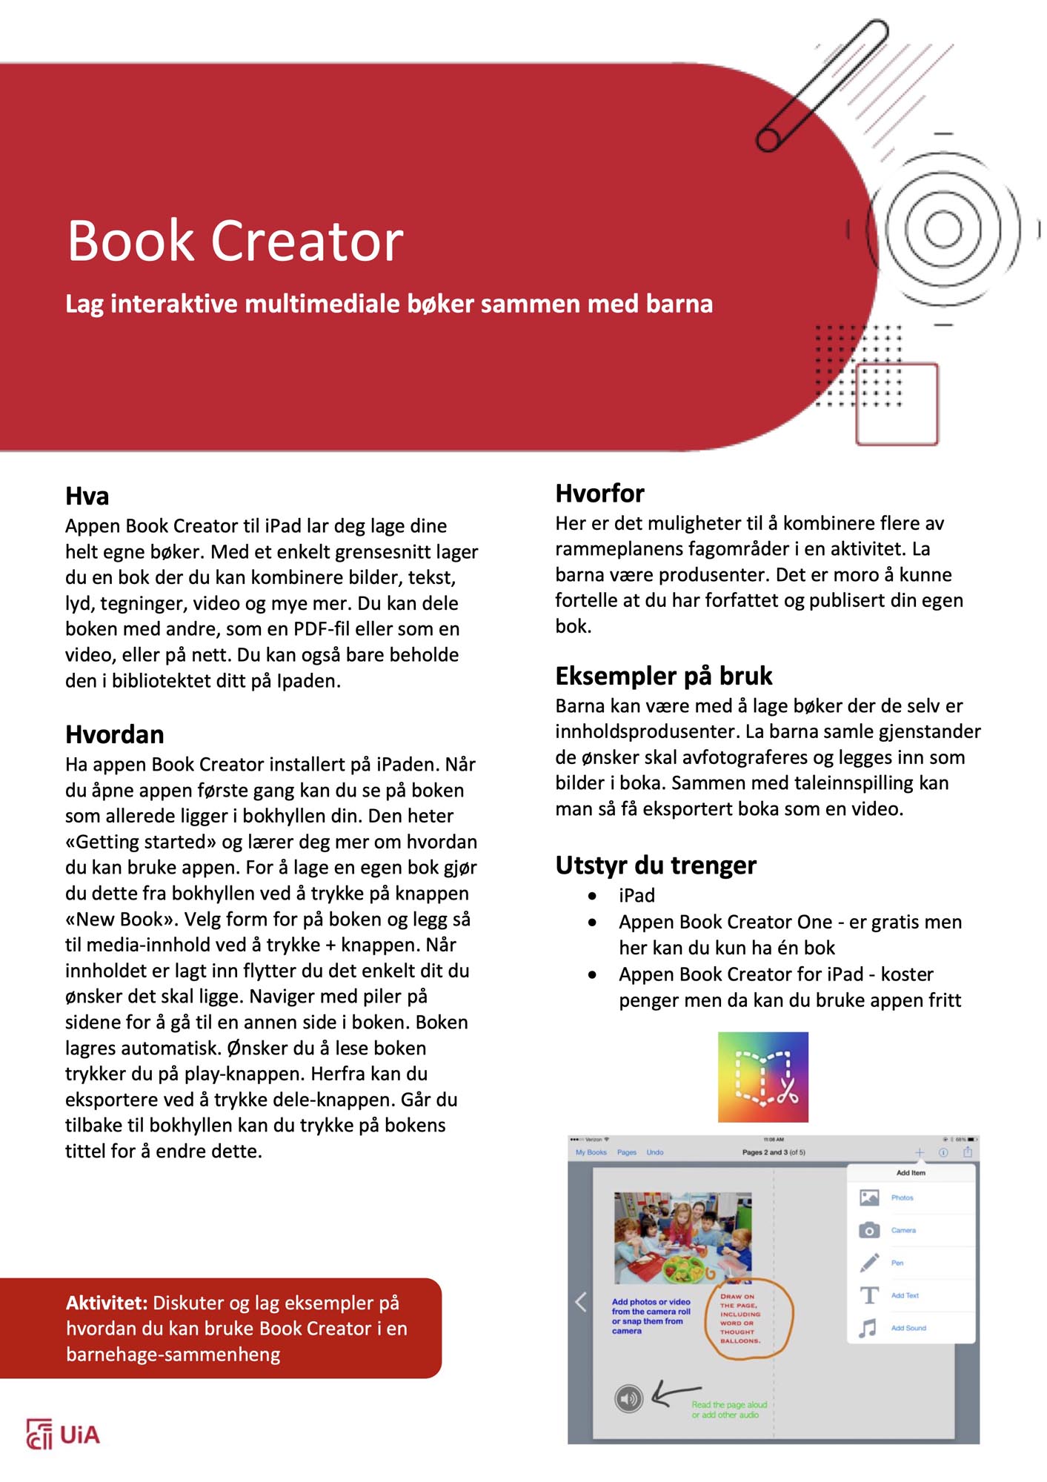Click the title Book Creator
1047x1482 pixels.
(x=235, y=241)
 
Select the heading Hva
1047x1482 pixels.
(x=87, y=496)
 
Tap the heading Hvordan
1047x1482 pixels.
(x=115, y=734)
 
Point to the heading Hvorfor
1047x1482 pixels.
(x=599, y=493)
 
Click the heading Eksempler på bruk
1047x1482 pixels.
(x=663, y=676)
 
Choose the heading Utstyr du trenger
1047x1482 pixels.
(x=656, y=865)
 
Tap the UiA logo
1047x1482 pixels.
(x=63, y=1435)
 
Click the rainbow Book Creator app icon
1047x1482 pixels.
(x=762, y=1077)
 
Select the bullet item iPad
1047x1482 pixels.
(x=636, y=895)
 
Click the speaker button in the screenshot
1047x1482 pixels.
(x=628, y=1398)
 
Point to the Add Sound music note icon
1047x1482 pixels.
(x=868, y=1328)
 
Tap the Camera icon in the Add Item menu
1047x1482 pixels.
(x=868, y=1230)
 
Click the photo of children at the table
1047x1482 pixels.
(x=682, y=1237)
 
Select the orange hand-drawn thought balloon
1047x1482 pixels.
(x=749, y=1320)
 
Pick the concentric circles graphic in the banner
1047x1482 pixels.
(x=943, y=228)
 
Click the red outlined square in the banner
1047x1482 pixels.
(x=897, y=404)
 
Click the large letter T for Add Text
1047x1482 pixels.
(x=868, y=1295)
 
